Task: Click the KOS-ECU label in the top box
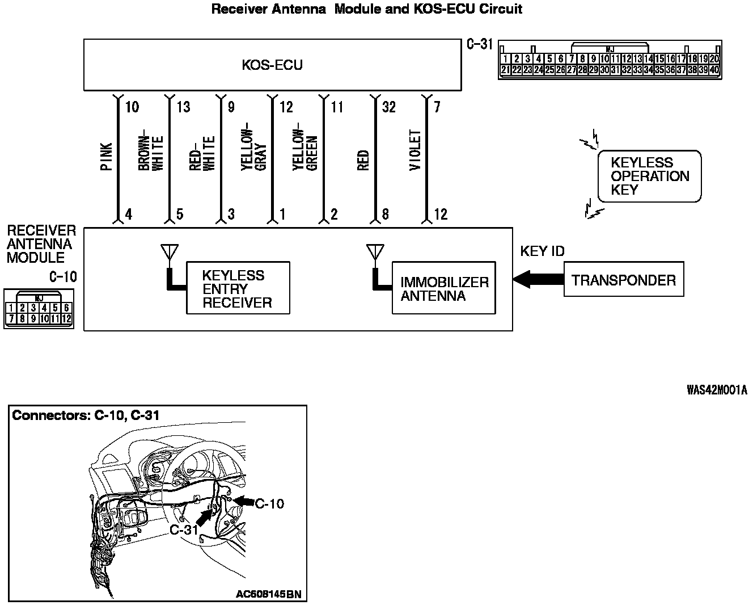(x=272, y=65)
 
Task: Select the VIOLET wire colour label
(x=416, y=151)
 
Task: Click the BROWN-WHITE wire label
(x=151, y=153)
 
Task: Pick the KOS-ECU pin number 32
(x=389, y=107)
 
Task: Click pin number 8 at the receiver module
(x=386, y=215)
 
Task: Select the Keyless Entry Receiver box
(x=238, y=288)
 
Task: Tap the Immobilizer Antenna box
(x=443, y=288)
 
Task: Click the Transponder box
(x=624, y=279)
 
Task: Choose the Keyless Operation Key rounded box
(x=649, y=176)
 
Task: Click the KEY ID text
(x=542, y=251)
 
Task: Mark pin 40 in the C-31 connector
(x=714, y=70)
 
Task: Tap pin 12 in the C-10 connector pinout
(x=66, y=318)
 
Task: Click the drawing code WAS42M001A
(x=716, y=389)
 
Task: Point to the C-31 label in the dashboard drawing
(x=183, y=530)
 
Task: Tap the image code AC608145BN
(x=268, y=594)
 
